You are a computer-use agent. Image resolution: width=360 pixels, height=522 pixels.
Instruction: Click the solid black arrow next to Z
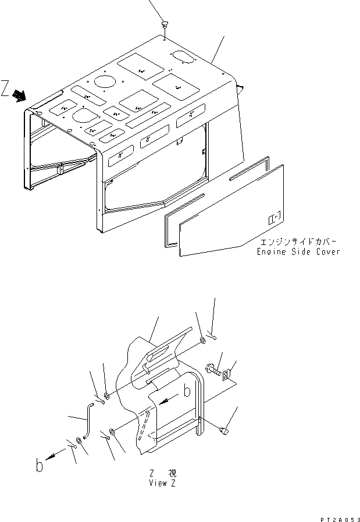pyautogui.click(x=20, y=94)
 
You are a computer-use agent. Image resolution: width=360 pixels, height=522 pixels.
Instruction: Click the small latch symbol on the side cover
pyautogui.click(x=273, y=219)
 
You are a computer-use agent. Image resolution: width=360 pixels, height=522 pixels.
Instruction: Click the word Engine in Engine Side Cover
pyautogui.click(x=271, y=252)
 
